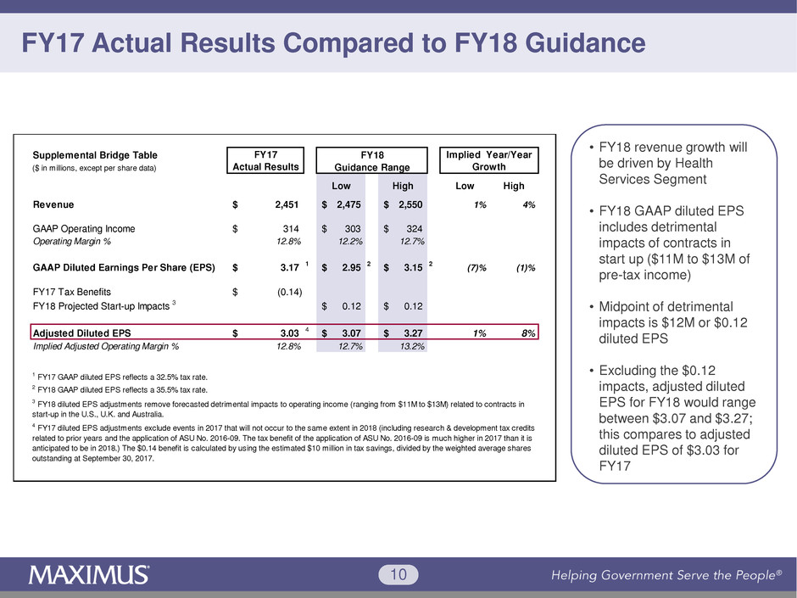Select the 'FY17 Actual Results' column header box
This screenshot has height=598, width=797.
pyautogui.click(x=267, y=160)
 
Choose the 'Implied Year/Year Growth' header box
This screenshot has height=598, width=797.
pyautogui.click(x=490, y=160)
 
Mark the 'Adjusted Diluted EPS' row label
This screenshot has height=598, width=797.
pyautogui.click(x=81, y=333)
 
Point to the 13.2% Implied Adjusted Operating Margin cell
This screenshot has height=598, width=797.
pyautogui.click(x=411, y=346)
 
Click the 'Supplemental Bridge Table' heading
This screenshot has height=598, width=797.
pyautogui.click(x=95, y=155)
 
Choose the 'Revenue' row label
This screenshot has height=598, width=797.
pyautogui.click(x=53, y=204)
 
